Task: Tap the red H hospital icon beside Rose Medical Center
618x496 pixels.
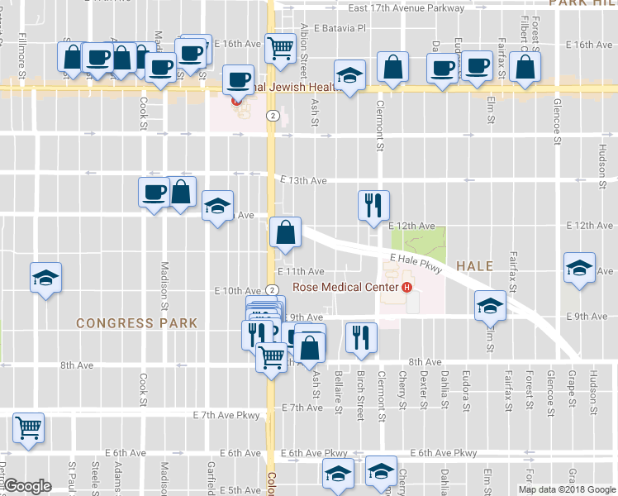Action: (406, 288)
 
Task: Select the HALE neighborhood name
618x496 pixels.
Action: (474, 266)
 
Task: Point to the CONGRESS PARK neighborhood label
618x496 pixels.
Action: (137, 323)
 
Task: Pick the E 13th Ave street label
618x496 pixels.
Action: (303, 179)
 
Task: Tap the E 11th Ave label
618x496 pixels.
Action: (301, 271)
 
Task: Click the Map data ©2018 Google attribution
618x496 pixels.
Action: (567, 489)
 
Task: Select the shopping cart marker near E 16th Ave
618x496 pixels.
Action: (280, 48)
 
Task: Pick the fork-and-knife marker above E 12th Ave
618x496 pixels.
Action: (373, 203)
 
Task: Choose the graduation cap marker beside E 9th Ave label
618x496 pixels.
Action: (490, 306)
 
